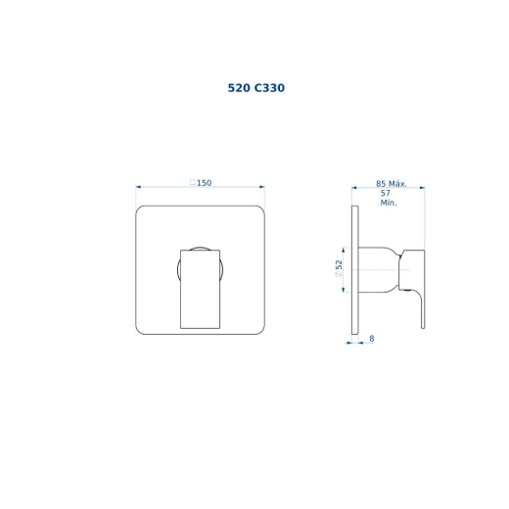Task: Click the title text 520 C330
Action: (x=256, y=88)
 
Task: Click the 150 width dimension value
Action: (x=205, y=183)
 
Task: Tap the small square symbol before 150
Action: (x=193, y=182)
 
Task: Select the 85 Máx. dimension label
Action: (x=392, y=184)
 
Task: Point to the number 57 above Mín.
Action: (x=386, y=193)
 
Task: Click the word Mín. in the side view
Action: (x=389, y=203)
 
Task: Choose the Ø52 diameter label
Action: (x=339, y=268)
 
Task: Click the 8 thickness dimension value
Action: (x=372, y=339)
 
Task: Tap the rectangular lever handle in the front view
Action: (x=200, y=289)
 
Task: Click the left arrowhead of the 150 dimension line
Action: (x=138, y=187)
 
